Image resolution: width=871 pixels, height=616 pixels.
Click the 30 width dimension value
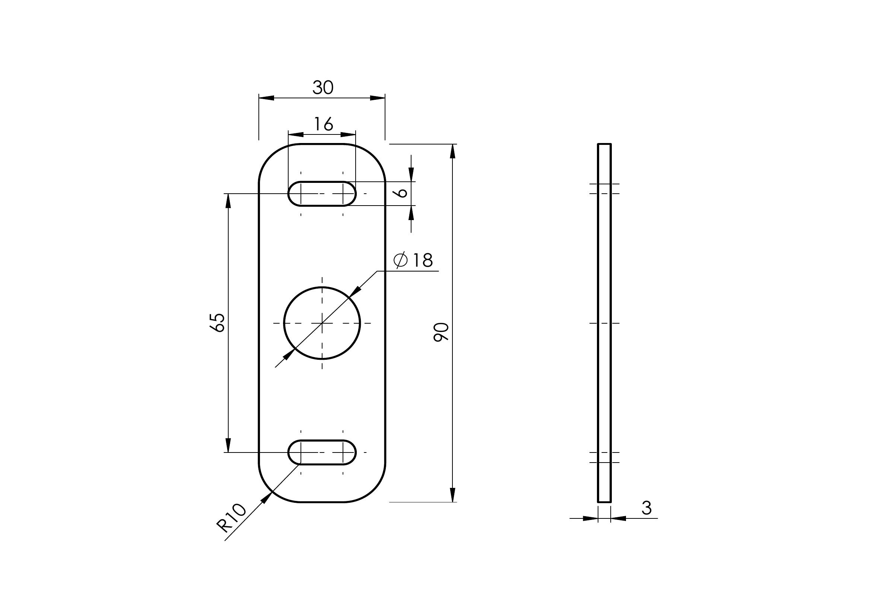coord(323,88)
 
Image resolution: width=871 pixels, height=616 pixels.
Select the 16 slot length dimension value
coord(324,124)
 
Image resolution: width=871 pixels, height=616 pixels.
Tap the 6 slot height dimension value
coord(401,193)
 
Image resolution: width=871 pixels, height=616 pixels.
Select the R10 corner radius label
coord(231,518)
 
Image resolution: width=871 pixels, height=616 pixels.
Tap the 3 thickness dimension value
coord(647,508)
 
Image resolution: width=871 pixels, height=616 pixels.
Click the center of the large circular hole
coord(322,323)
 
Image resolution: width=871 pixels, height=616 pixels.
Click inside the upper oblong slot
coord(322,193)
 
